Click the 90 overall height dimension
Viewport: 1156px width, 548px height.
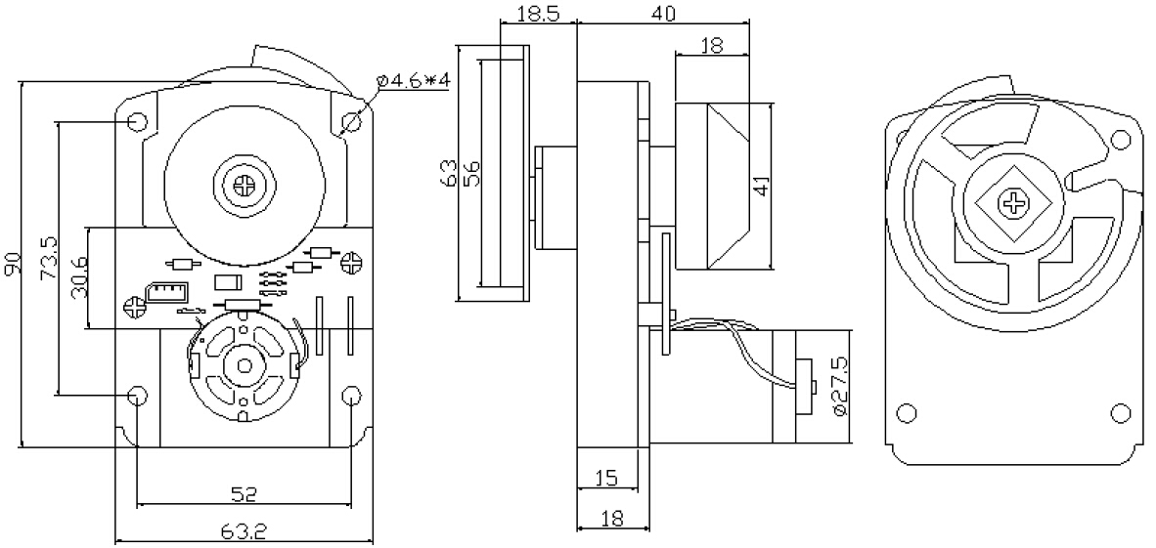coord(13,265)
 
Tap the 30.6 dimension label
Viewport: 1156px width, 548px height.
coord(79,278)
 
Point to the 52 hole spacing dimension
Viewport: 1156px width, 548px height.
coord(245,494)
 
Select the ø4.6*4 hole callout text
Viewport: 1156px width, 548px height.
coord(414,80)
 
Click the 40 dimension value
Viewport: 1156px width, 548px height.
coord(663,12)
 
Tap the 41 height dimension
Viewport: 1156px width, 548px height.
coord(759,186)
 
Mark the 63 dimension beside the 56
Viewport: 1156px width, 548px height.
coord(449,175)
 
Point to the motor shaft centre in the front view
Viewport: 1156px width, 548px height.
coord(242,367)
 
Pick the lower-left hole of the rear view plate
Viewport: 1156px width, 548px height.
coord(907,410)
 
